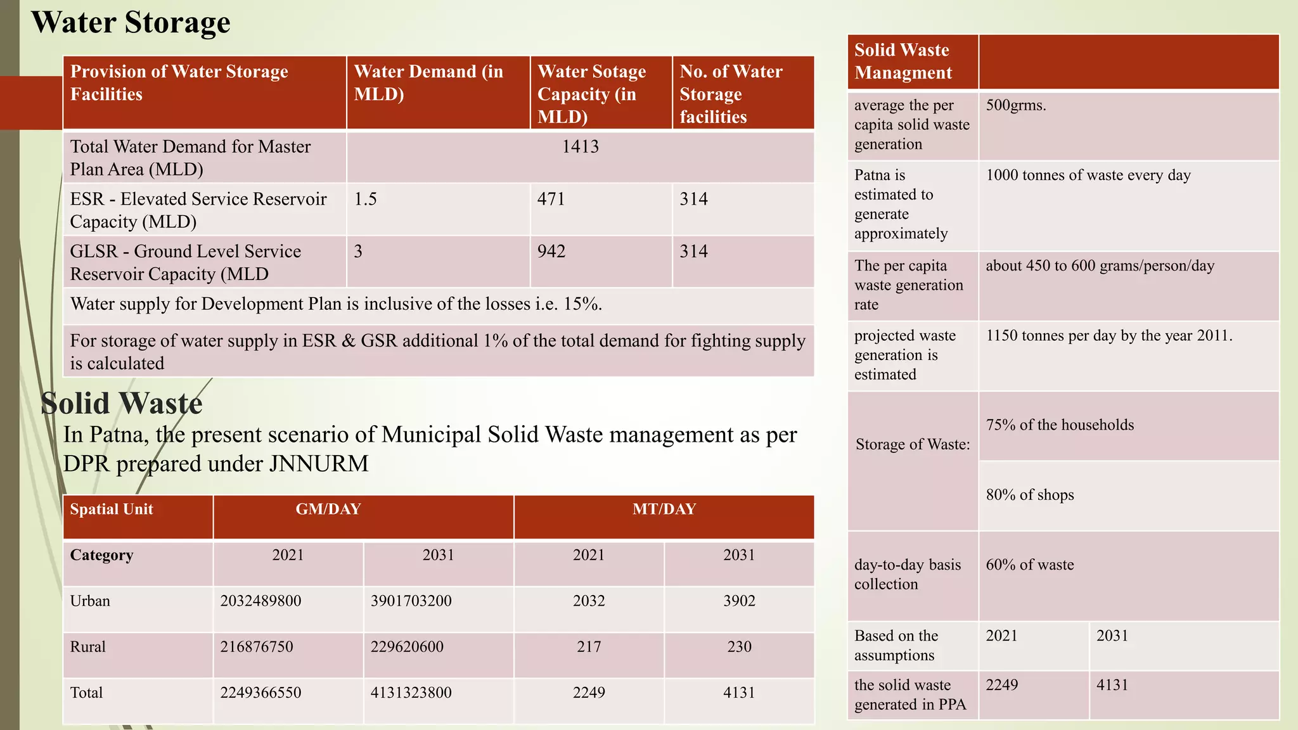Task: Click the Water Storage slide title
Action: tap(131, 22)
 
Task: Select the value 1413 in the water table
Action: tap(580, 147)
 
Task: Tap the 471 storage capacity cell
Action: tap(551, 199)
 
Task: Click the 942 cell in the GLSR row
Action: tap(551, 252)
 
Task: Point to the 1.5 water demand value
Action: tap(365, 199)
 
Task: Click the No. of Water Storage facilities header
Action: tap(731, 94)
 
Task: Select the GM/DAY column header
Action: tap(328, 509)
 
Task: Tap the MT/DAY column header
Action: tap(664, 509)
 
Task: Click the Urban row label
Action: tap(90, 601)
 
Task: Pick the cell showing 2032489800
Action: tap(260, 601)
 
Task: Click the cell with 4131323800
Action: tap(411, 693)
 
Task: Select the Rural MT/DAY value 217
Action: tap(589, 647)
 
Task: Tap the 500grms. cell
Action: tap(1015, 105)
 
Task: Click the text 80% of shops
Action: tap(1030, 495)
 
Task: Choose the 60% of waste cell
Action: tap(1030, 565)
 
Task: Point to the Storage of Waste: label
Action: tap(913, 444)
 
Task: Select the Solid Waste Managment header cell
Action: tap(903, 61)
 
